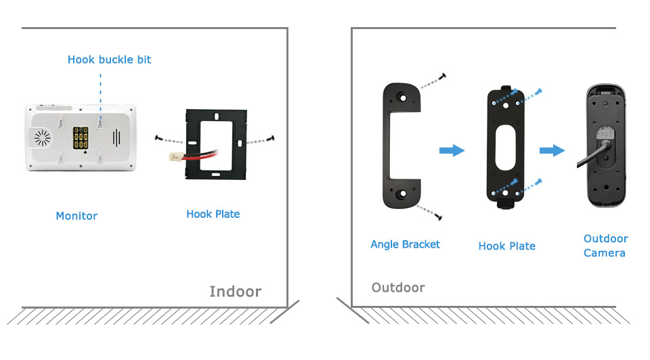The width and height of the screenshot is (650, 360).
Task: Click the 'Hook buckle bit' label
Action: [x=109, y=60]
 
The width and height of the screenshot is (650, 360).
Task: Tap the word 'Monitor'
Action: [x=77, y=216]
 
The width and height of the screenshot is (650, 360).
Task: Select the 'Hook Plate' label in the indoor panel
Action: [x=213, y=214]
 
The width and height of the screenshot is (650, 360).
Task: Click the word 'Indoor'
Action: [x=235, y=292]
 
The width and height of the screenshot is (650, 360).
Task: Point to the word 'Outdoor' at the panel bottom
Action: [x=398, y=288]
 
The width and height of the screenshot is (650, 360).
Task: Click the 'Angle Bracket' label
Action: [x=405, y=244]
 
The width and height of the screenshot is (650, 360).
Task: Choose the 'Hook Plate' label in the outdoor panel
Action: [x=506, y=246]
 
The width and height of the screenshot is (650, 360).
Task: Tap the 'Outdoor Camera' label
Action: [x=605, y=246]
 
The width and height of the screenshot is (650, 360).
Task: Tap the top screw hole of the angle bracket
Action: [x=402, y=96]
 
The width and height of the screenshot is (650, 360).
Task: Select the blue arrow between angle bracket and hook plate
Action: [x=452, y=150]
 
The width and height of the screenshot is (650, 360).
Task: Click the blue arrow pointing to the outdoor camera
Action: [x=552, y=150]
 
